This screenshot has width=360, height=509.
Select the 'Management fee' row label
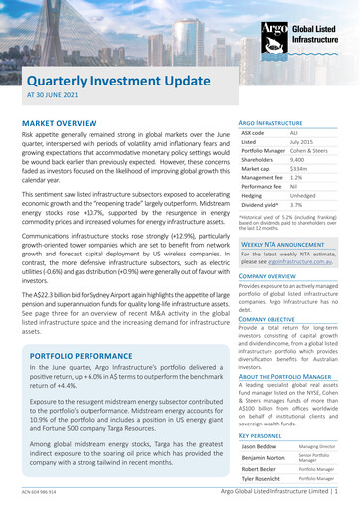tap(266, 187)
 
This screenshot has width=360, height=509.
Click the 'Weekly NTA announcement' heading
tap(285, 243)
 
